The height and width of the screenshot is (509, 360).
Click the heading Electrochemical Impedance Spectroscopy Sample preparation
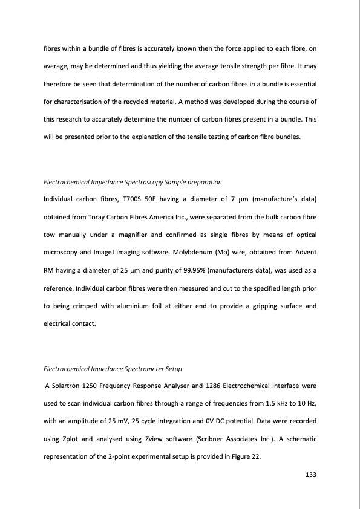(x=133, y=182)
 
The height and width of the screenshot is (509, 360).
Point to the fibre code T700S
(x=151, y=199)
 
